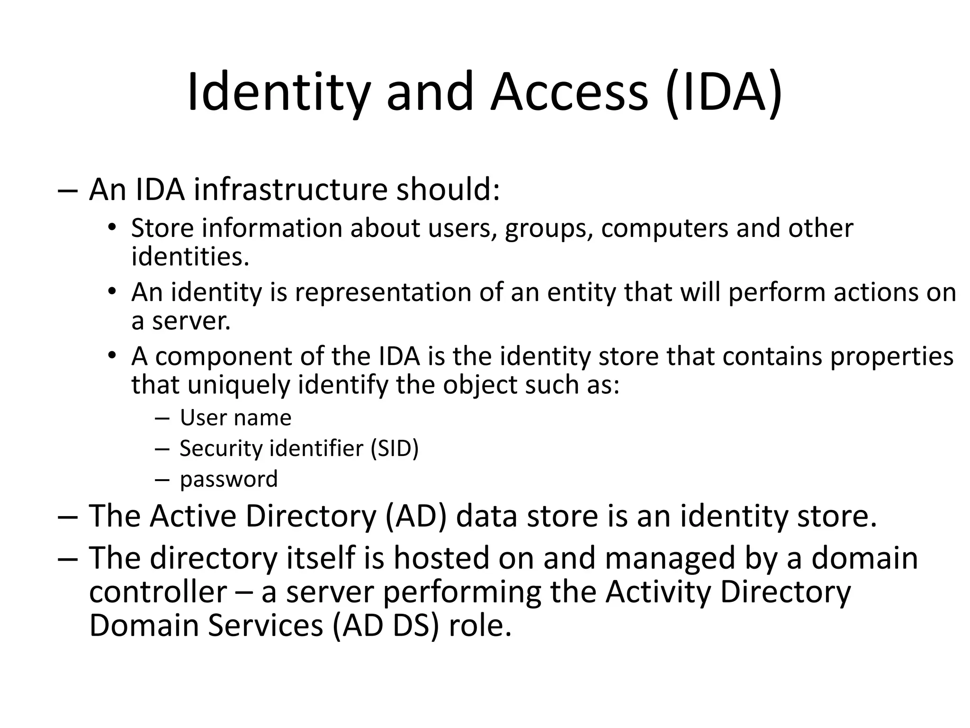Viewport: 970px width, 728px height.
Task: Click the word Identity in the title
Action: pyautogui.click(x=278, y=92)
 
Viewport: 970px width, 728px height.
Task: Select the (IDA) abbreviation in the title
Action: pyautogui.click(x=723, y=92)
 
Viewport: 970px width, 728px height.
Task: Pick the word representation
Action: pyautogui.click(x=383, y=292)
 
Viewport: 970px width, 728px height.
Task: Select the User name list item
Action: pyautogui.click(x=235, y=418)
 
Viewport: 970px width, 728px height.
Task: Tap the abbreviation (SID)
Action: pyautogui.click(x=395, y=448)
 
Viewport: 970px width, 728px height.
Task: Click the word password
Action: pyautogui.click(x=229, y=479)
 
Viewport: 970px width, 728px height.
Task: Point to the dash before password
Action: pyautogui.click(x=162, y=480)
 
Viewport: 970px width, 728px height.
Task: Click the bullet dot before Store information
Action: pyautogui.click(x=111, y=227)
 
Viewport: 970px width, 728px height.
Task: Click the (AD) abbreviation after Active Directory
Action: pyautogui.click(x=416, y=516)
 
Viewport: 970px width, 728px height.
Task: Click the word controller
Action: pyautogui.click(x=158, y=592)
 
